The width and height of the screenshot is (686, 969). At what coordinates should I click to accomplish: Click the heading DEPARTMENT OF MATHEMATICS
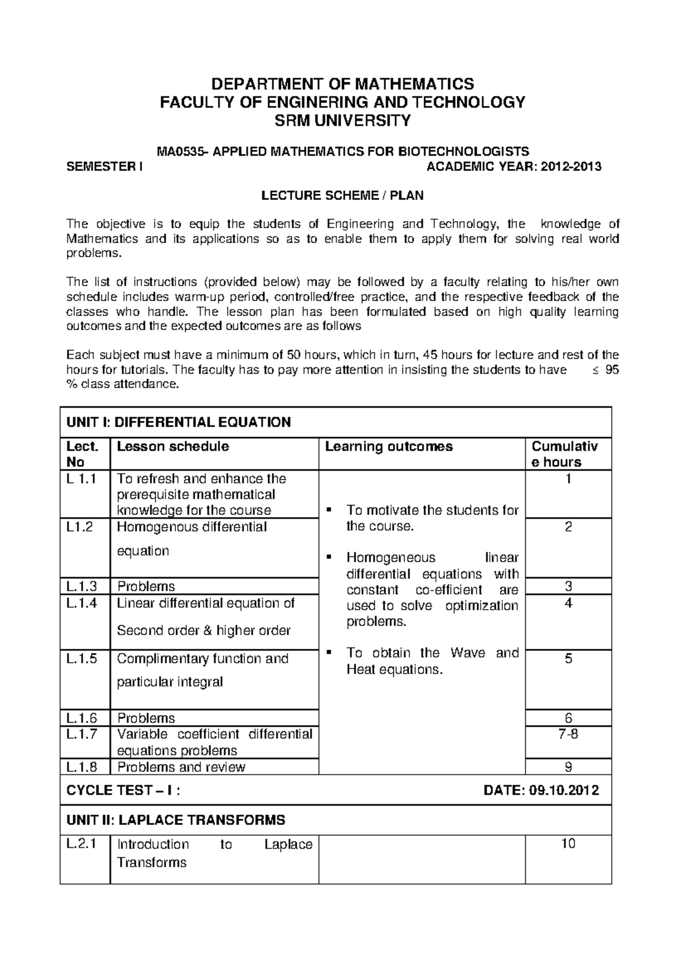click(342, 85)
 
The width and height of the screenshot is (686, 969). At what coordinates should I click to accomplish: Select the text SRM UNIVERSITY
click(342, 121)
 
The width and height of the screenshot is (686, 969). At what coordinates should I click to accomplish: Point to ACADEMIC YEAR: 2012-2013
click(514, 167)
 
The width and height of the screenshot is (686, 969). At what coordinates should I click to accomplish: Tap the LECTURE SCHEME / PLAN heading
click(342, 195)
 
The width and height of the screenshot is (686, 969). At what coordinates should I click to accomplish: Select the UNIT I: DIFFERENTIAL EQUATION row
click(179, 423)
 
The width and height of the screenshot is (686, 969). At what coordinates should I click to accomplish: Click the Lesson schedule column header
click(173, 447)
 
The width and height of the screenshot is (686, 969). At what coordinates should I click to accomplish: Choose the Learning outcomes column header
click(389, 447)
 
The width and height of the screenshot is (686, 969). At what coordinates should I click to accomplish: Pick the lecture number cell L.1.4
click(82, 603)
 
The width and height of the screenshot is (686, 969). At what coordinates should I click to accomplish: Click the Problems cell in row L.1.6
click(146, 718)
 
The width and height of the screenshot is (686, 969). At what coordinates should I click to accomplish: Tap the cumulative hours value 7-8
click(568, 734)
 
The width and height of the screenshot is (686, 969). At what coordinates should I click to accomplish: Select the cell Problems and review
click(181, 767)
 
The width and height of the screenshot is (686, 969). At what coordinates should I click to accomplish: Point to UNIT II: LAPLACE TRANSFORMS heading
click(176, 820)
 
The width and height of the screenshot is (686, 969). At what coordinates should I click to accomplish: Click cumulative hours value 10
click(568, 844)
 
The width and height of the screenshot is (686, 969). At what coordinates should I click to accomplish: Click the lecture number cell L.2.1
click(82, 844)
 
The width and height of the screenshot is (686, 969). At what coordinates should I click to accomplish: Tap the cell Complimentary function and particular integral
click(203, 670)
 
